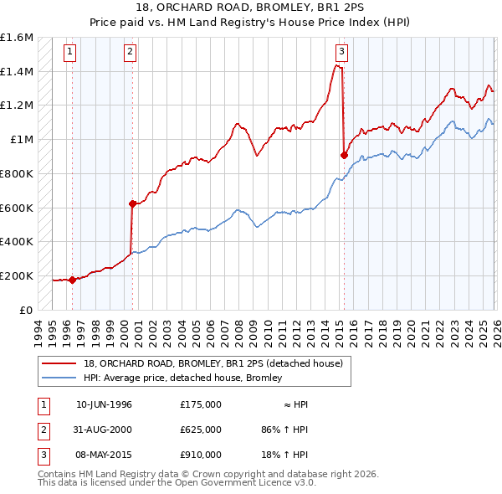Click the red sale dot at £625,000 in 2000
[x=132, y=203]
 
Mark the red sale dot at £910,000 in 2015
[x=344, y=155]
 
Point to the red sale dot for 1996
[x=72, y=280]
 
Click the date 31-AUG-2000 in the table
[x=104, y=430]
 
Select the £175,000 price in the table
[x=200, y=404]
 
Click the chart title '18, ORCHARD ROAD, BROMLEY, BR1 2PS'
[x=251, y=9]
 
